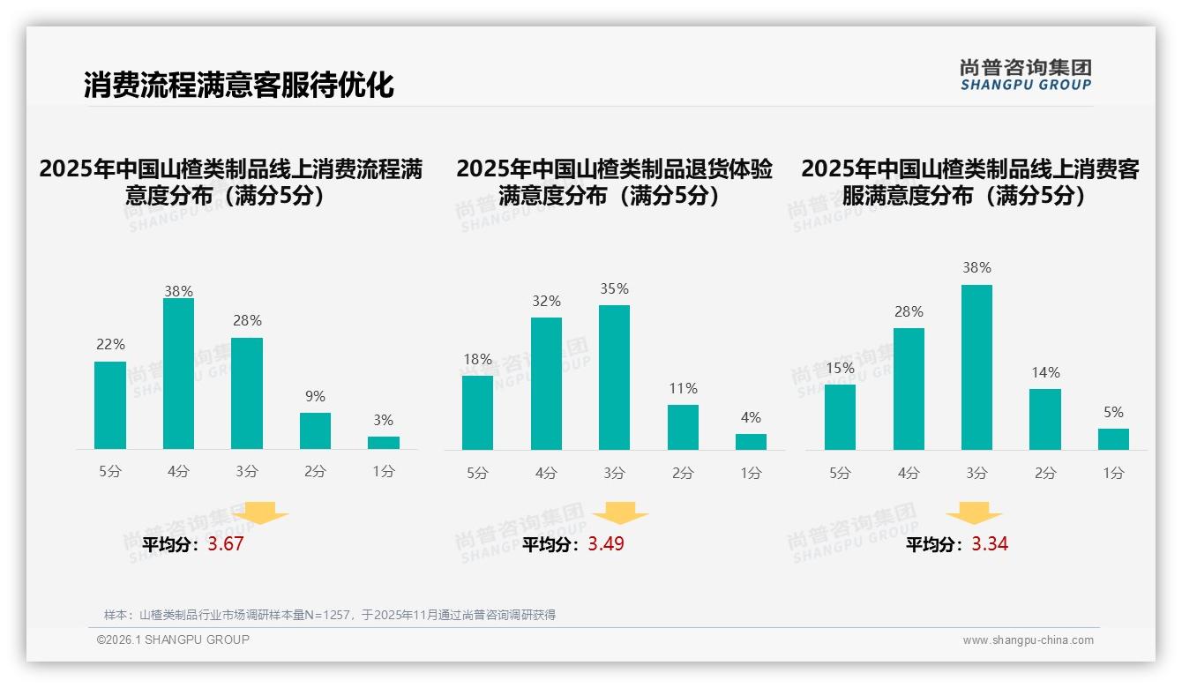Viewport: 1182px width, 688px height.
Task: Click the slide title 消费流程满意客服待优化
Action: point(238,85)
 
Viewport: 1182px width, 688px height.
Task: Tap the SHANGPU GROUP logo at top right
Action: point(1025,75)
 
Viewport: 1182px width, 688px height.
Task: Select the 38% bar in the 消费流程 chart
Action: point(178,374)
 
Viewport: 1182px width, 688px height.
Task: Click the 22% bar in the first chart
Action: point(110,406)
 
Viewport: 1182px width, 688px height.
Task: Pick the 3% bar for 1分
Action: point(384,443)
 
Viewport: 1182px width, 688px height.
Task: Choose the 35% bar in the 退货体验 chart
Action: point(614,378)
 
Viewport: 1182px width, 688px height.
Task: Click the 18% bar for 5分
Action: point(477,413)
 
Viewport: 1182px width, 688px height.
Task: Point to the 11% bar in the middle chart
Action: point(683,428)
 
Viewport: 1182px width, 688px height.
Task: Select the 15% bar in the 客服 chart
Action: point(840,417)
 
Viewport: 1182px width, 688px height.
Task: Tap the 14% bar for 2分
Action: point(1045,420)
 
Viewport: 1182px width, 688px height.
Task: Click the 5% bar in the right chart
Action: point(1113,439)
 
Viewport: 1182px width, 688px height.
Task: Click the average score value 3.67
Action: point(226,544)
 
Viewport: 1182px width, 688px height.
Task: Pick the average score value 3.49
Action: point(606,544)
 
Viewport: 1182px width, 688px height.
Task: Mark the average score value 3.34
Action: point(990,544)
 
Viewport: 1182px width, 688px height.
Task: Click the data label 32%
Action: point(546,302)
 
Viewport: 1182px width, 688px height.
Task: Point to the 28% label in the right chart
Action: point(909,312)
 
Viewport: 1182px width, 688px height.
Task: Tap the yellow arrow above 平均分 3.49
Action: point(620,513)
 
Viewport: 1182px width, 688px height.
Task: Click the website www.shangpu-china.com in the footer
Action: point(1028,640)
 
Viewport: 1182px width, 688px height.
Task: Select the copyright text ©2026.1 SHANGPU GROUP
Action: point(173,639)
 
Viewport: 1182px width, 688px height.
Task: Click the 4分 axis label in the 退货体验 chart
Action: point(546,474)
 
